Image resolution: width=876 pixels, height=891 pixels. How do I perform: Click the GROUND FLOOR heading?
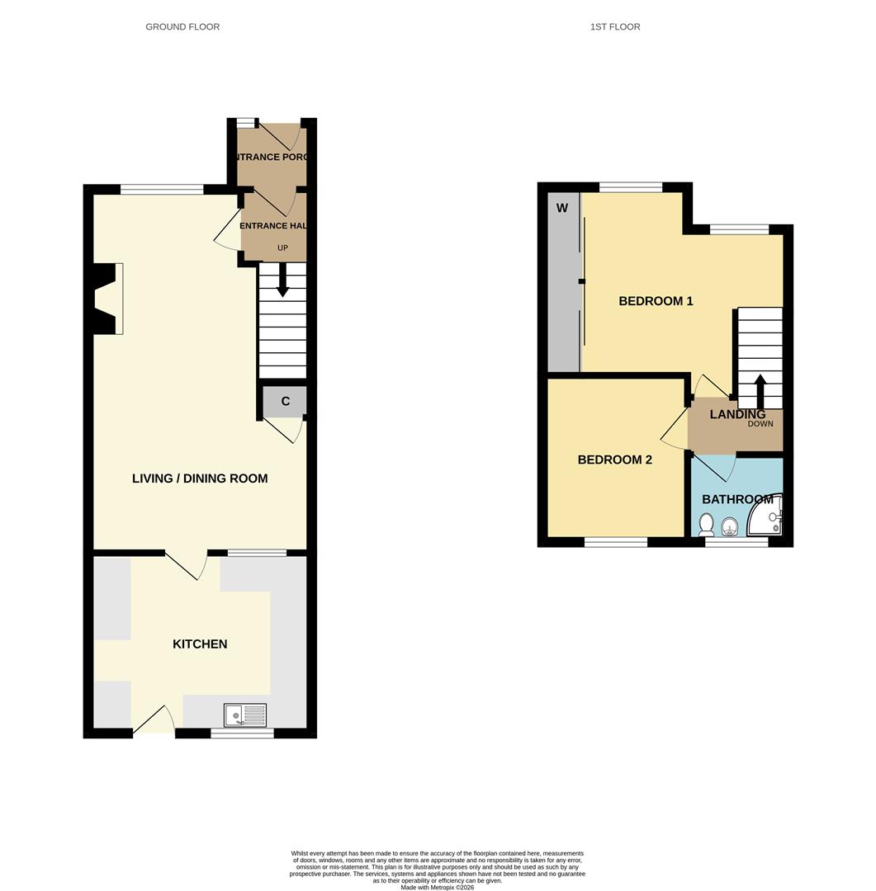point(182,26)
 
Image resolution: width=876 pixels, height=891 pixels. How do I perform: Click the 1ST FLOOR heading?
point(615,26)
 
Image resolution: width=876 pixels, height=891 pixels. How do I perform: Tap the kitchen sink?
point(245,714)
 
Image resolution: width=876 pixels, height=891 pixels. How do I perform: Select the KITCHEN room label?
point(200,643)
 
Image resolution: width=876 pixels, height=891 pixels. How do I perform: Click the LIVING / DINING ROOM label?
point(200,478)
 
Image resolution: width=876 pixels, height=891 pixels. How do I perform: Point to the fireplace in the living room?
point(107,299)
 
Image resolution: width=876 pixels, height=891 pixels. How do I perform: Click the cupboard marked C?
point(286,402)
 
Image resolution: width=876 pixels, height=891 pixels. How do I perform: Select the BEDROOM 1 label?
point(656,301)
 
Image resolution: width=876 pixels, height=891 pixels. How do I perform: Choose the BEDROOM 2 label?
point(614,460)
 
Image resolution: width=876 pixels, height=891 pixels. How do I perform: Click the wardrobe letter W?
point(562,208)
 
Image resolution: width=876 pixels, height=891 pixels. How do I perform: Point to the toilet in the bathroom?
point(707,525)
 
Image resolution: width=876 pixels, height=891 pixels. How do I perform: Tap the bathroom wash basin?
point(730,526)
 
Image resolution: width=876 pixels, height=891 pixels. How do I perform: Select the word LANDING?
point(737,414)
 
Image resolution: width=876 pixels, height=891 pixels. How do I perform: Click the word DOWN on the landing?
point(760,424)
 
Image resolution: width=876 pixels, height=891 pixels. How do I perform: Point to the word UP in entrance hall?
point(282,247)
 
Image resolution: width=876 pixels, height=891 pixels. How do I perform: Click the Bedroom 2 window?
point(617,542)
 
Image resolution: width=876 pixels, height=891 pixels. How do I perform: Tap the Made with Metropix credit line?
point(438,887)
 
